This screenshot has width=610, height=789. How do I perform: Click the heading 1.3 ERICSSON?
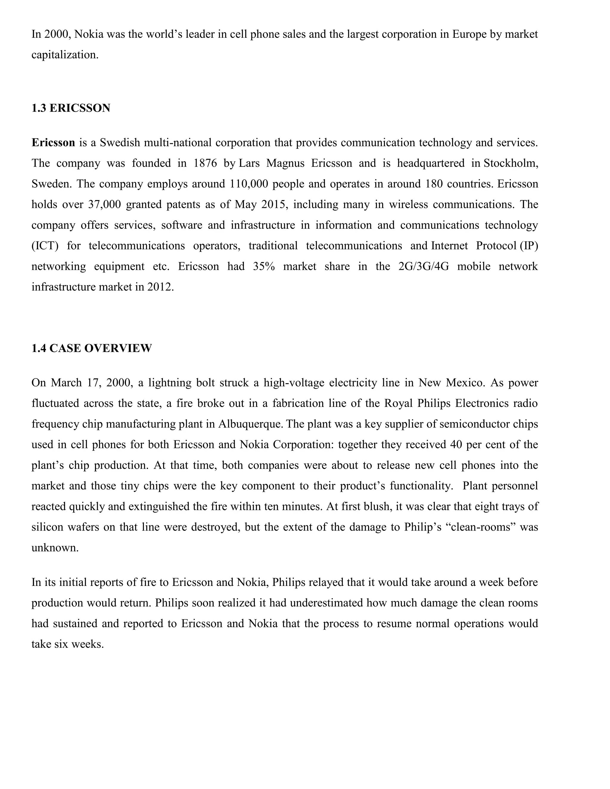(71, 108)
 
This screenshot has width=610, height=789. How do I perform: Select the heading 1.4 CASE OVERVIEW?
(91, 348)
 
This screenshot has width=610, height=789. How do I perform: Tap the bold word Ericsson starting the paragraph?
(53, 143)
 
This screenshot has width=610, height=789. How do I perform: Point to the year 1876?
(205, 163)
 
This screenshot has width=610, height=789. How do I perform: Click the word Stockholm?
(510, 163)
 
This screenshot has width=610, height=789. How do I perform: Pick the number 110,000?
(249, 184)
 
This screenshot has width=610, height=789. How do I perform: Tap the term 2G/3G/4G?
(424, 266)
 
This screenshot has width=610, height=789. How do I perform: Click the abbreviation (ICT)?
(45, 246)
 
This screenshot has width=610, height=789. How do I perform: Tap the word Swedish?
(120, 143)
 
